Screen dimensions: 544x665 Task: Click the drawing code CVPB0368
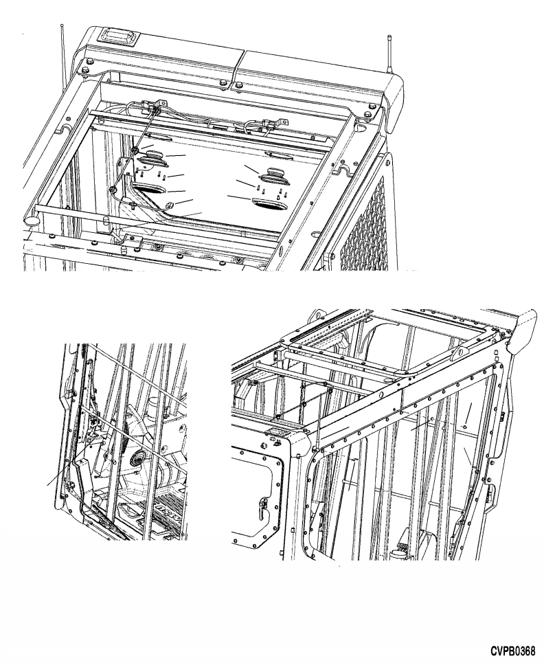pos(514,651)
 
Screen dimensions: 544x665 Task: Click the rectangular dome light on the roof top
pos(117,35)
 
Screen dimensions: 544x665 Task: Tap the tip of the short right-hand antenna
pos(388,37)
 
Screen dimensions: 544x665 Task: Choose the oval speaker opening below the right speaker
pos(269,203)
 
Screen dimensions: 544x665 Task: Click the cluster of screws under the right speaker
pos(272,191)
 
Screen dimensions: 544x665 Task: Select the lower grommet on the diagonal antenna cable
pos(113,190)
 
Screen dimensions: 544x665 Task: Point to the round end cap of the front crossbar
pos(32,220)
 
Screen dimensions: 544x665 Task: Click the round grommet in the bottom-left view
pos(138,458)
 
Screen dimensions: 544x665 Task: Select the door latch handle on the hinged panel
pos(263,505)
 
